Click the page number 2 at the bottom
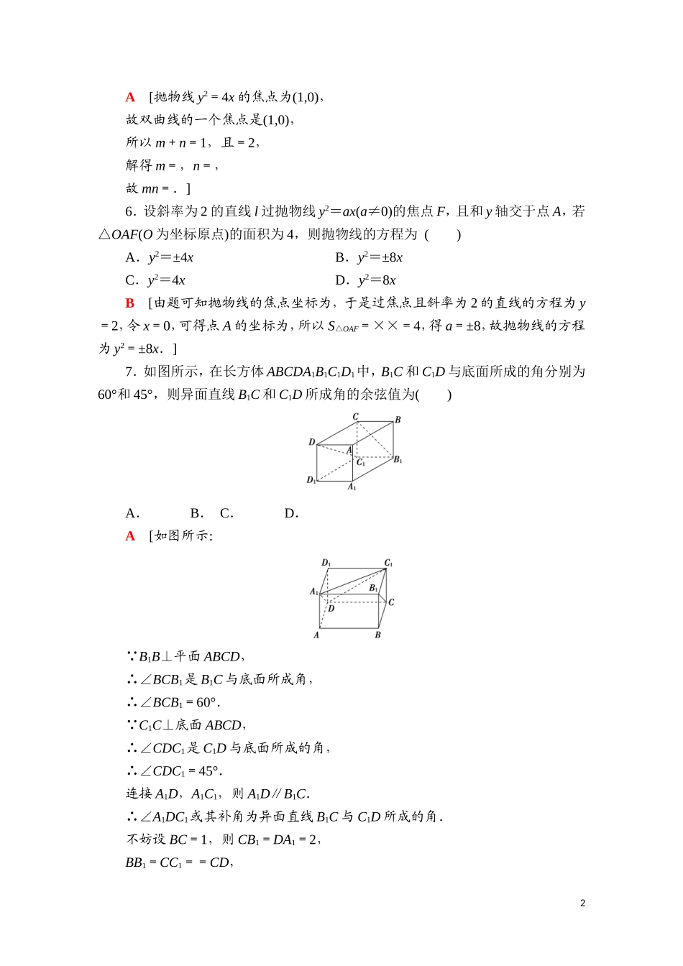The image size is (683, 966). [582, 903]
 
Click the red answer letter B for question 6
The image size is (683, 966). [130, 303]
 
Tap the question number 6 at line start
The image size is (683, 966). [129, 211]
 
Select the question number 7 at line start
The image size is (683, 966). [129, 372]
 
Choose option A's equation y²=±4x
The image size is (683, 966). [170, 257]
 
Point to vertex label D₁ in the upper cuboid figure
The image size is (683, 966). [311, 479]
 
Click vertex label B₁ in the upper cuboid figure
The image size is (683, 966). [398, 460]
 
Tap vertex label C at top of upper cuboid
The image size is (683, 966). [355, 417]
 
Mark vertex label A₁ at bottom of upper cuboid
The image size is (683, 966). [352, 487]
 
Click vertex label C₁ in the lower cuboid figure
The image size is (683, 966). [388, 563]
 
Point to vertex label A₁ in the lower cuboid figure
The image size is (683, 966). [314, 592]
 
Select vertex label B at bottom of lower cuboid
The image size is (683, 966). [377, 635]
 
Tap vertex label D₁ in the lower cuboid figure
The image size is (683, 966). [326, 563]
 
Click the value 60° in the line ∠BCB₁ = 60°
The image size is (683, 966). [207, 702]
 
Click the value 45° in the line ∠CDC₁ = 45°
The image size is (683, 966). [209, 771]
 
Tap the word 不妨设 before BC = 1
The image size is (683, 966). [145, 839]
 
